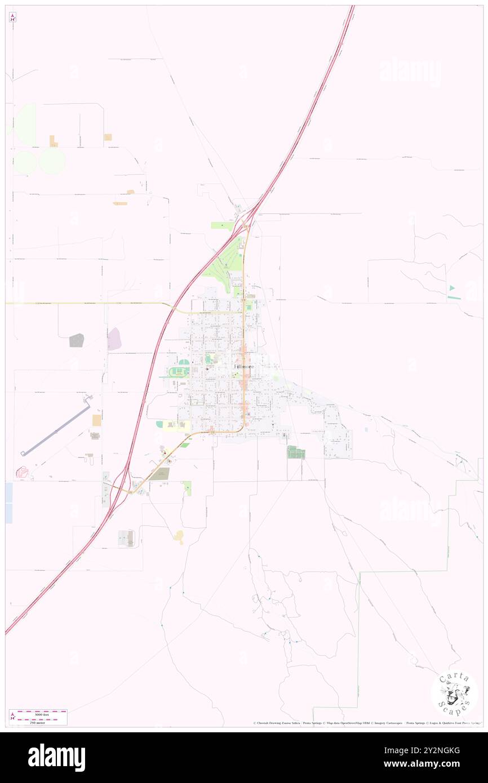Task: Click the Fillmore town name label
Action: pos(243,367)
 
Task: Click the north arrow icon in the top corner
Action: pos(12,17)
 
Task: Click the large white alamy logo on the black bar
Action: pos(56,758)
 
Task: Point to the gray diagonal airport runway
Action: pos(56,429)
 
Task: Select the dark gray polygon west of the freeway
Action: pos(77,340)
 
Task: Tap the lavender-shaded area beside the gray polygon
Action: pos(114,339)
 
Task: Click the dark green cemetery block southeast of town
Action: pos(295,452)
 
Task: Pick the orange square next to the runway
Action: pos(96,420)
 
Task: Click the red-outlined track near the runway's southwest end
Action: pos(24,471)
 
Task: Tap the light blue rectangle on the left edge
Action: pos(8,502)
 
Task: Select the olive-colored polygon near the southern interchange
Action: pos(159,474)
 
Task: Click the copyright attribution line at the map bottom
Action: pos(366,723)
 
